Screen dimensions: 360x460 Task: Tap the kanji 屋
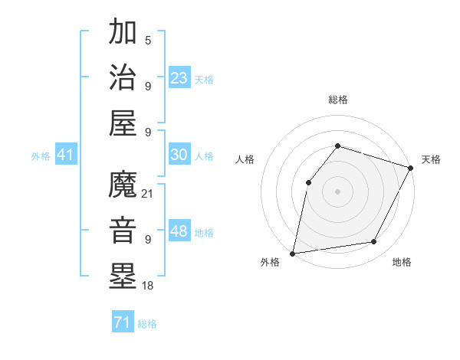click(x=123, y=123)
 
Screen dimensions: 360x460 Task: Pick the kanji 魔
click(x=123, y=185)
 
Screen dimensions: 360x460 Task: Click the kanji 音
click(x=123, y=231)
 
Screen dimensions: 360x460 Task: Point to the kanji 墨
click(x=123, y=277)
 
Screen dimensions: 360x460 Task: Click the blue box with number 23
click(x=179, y=77)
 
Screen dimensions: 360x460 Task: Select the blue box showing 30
click(x=179, y=155)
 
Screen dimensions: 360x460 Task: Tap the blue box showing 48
click(x=179, y=231)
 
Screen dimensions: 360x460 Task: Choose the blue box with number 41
click(x=65, y=155)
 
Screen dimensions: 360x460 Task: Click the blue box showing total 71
click(x=122, y=323)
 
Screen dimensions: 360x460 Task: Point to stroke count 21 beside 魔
click(x=148, y=193)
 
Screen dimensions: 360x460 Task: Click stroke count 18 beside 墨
click(x=148, y=286)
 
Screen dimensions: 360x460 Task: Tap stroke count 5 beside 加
click(x=147, y=39)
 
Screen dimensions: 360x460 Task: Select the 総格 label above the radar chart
click(x=338, y=100)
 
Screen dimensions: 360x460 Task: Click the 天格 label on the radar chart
click(x=431, y=159)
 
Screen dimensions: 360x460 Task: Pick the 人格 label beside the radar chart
click(x=245, y=159)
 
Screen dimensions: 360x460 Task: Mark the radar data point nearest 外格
click(x=293, y=253)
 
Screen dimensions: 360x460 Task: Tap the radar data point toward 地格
click(x=374, y=242)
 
